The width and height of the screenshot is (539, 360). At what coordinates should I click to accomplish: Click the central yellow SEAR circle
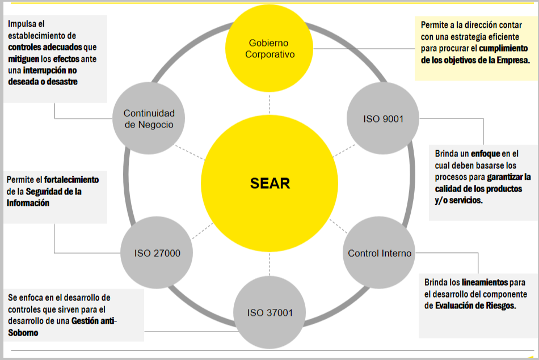click(x=269, y=184)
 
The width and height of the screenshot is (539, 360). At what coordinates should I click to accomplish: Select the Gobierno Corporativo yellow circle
click(x=269, y=49)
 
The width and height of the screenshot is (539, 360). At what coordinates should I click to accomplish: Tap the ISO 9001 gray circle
click(x=383, y=118)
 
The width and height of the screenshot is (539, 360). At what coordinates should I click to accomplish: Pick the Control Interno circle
click(x=380, y=253)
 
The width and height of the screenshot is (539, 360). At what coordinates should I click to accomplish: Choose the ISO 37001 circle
click(x=269, y=312)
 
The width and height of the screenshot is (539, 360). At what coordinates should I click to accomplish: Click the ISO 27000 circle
click(x=157, y=253)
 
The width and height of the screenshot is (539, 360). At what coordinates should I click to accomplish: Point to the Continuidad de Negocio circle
click(x=149, y=119)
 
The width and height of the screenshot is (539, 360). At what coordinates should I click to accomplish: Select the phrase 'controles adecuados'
click(x=45, y=47)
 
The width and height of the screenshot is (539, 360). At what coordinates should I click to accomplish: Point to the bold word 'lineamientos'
click(x=485, y=282)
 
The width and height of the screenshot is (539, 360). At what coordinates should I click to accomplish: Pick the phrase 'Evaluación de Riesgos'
click(x=474, y=305)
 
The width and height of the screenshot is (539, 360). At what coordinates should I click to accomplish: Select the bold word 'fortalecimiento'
click(x=71, y=180)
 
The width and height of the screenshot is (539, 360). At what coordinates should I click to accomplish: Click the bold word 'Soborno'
click(x=23, y=332)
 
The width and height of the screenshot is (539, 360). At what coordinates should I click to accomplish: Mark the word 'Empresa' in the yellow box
click(x=511, y=60)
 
